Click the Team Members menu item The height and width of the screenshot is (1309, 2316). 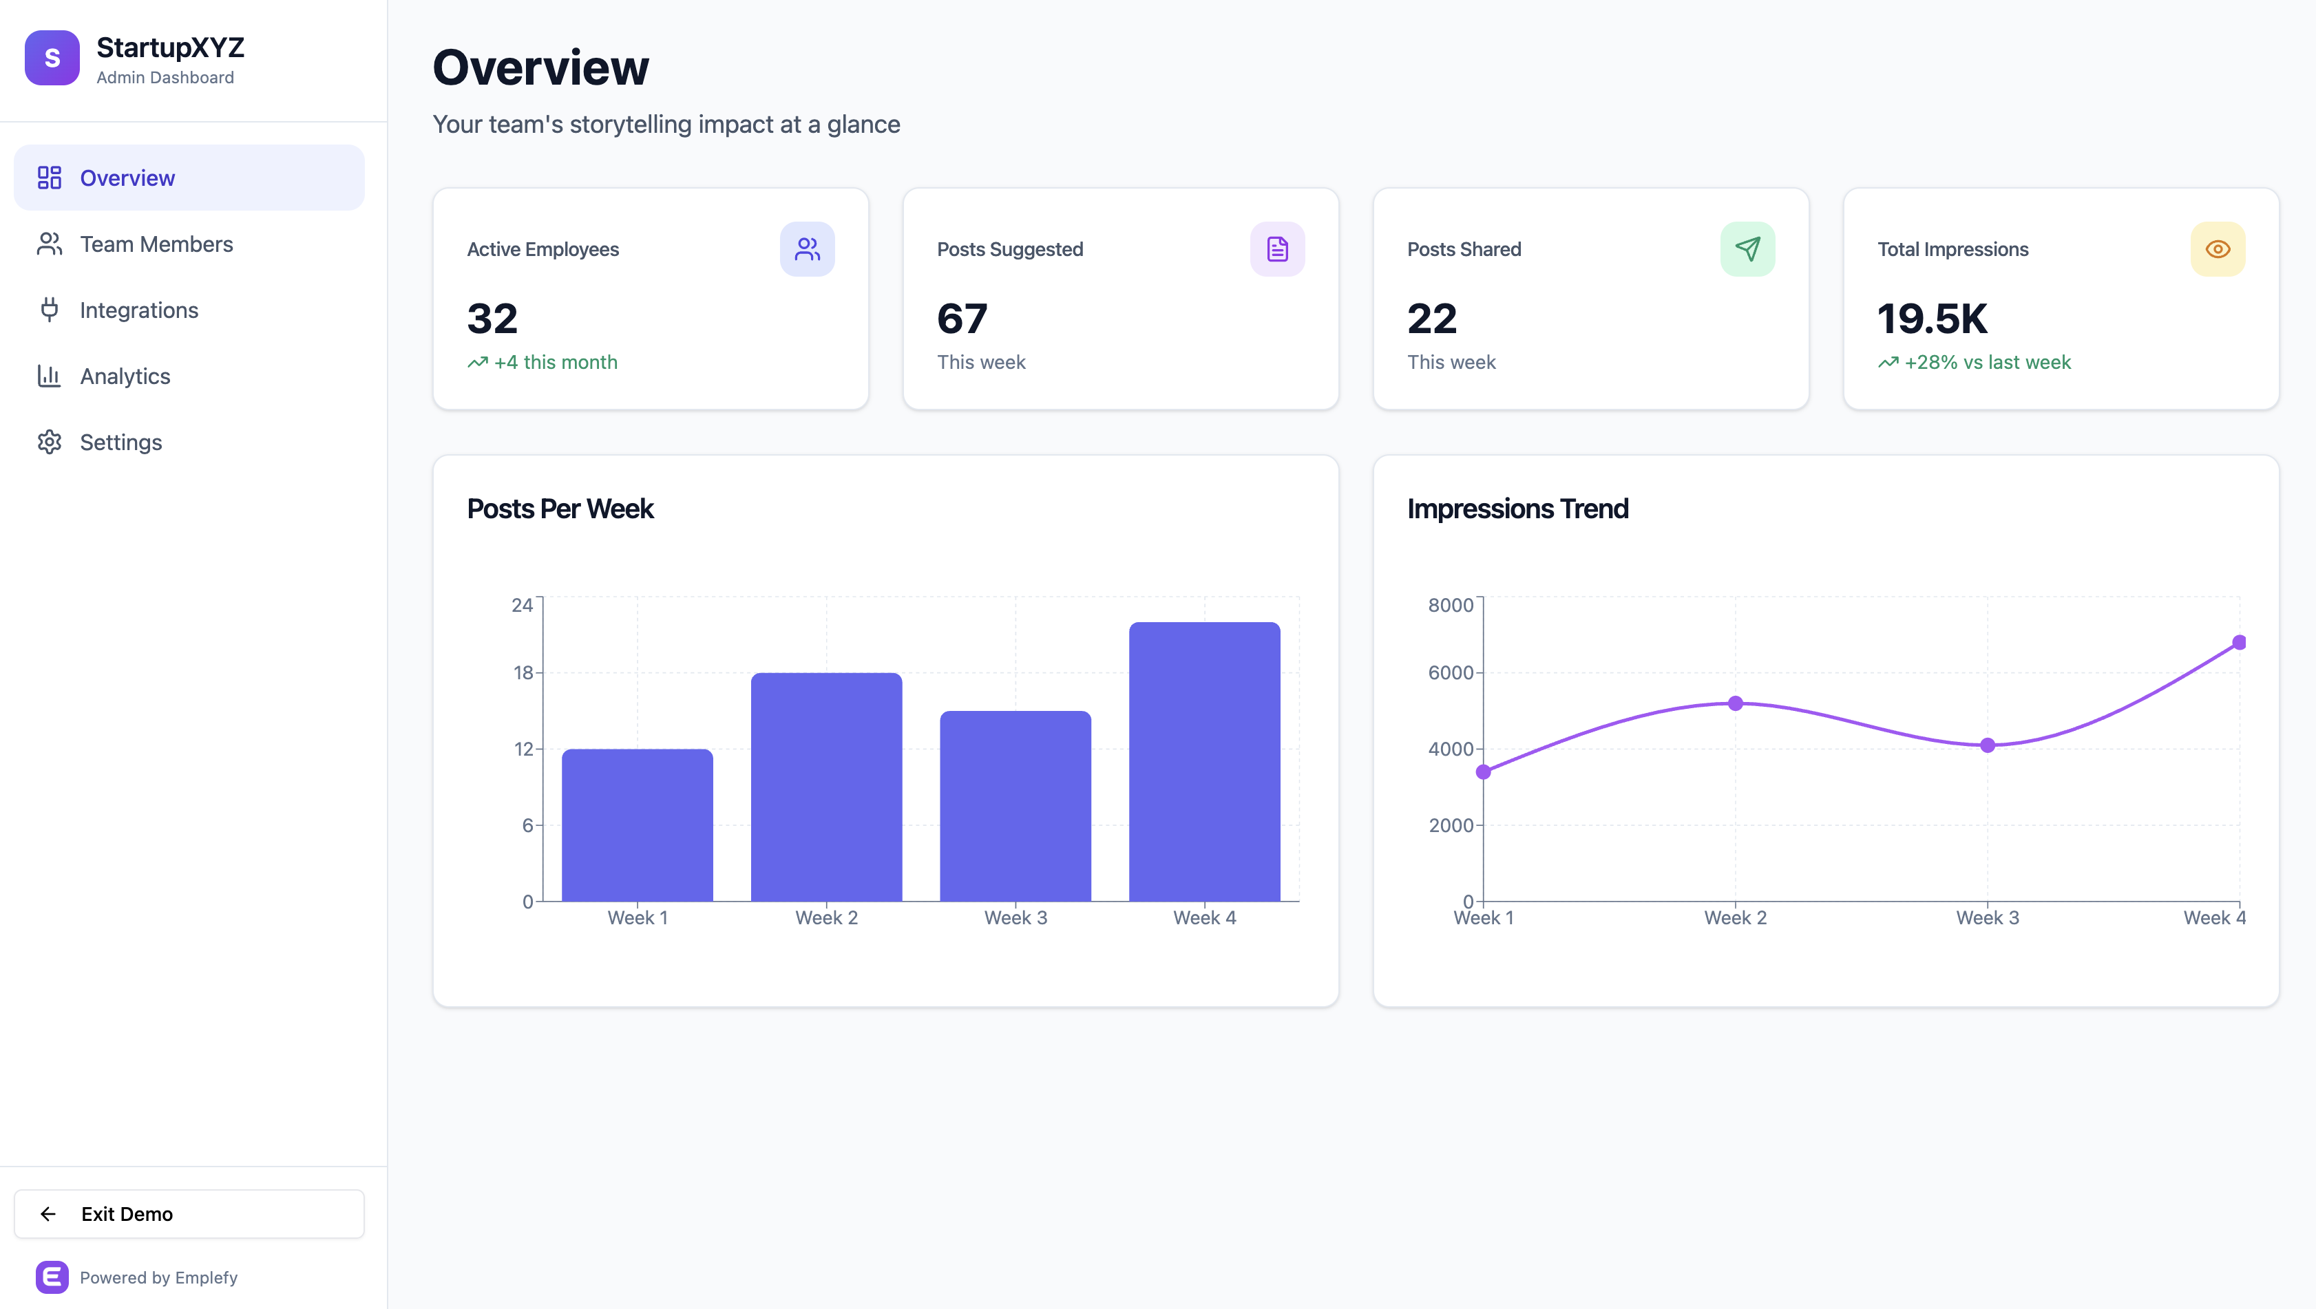156,244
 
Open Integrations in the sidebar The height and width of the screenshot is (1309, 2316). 138,310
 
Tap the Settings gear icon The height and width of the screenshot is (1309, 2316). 50,443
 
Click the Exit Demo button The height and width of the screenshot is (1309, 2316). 189,1214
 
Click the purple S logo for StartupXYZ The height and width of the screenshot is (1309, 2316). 52,58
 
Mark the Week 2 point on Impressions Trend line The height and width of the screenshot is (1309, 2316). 1735,703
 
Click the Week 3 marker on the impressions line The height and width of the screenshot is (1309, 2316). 1988,745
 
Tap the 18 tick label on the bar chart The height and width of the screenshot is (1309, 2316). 523,672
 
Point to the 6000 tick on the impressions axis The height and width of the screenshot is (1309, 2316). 1450,672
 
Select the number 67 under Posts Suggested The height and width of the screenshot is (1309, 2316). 962,318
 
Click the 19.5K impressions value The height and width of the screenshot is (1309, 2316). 1932,318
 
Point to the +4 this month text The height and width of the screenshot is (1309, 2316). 555,362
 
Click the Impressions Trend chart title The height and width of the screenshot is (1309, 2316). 1517,509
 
